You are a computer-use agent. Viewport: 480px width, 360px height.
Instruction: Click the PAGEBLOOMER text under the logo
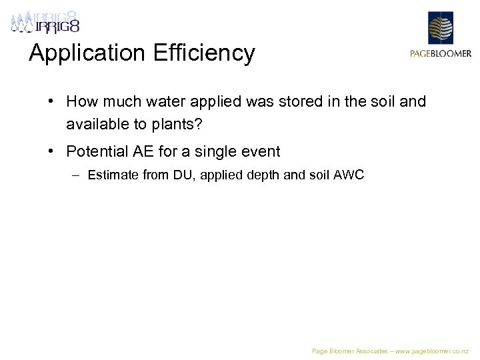(441, 54)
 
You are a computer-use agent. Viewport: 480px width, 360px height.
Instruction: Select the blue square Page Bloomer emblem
(441, 28)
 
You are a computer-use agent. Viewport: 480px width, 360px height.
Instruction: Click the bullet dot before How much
(51, 102)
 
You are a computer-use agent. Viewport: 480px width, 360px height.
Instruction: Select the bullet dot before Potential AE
(51, 151)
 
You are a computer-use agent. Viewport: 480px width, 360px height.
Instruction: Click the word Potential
(97, 151)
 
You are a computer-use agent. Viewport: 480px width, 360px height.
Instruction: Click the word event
(261, 151)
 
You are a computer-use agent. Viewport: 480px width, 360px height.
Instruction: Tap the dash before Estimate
(77, 175)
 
